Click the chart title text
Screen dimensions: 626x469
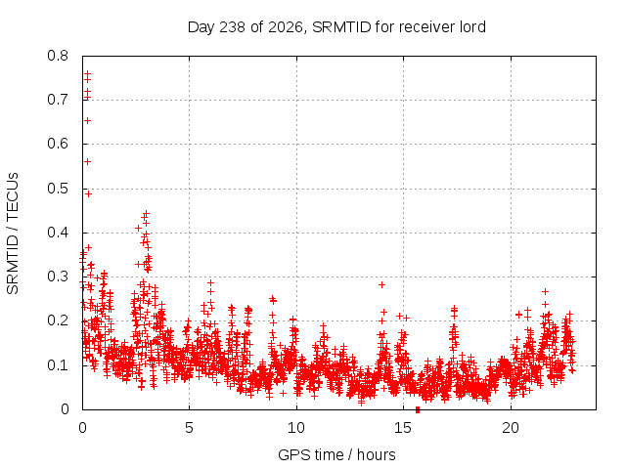[336, 27]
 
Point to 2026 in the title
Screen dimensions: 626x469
[286, 27]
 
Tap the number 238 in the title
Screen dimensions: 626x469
[233, 27]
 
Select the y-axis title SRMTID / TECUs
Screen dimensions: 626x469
[13, 234]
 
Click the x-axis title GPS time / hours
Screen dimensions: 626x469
[336, 455]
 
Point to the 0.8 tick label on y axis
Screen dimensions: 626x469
[58, 56]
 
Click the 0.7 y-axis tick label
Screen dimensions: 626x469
[58, 100]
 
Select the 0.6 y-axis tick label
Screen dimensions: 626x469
[58, 144]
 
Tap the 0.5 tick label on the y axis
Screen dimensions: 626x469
[58, 189]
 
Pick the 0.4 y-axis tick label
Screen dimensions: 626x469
[58, 233]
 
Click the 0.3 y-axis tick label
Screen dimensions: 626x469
[58, 277]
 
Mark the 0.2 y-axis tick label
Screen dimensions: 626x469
[58, 320]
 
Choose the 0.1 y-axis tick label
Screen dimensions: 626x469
[58, 365]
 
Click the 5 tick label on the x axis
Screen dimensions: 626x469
[189, 428]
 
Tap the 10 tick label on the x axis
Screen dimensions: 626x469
[296, 428]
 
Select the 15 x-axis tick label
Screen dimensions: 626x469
[403, 428]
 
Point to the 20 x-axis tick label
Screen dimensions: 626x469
[511, 428]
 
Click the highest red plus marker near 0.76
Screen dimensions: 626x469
[87, 74]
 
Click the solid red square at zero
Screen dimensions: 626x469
[418, 409]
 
